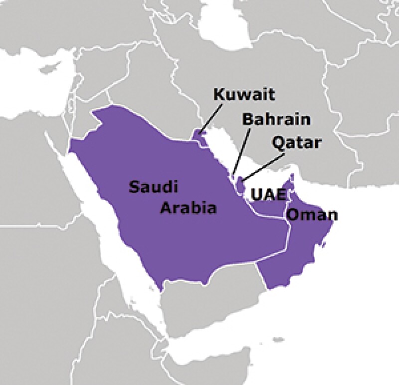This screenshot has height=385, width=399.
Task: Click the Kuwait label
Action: coord(237,94)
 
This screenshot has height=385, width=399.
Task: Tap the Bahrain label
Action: coord(276,120)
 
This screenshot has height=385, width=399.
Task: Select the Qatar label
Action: coord(298,144)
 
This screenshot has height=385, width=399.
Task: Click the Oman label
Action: coord(313,215)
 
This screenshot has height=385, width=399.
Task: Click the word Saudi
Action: coord(153,187)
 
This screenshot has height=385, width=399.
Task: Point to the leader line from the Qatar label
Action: coord(264,165)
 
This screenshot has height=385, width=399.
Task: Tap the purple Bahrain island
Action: coord(233,176)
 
